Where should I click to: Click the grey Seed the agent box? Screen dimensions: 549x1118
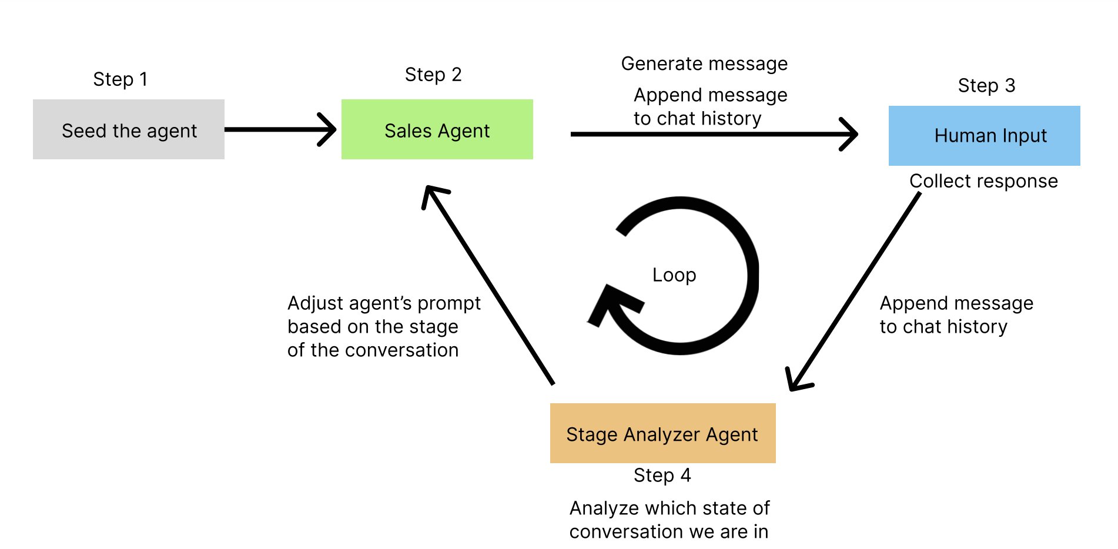128,129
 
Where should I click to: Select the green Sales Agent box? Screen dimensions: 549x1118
437,129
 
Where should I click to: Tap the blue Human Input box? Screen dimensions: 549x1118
984,136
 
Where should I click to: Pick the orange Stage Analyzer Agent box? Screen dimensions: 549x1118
662,433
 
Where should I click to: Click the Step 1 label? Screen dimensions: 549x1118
120,79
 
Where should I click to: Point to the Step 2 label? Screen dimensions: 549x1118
433,75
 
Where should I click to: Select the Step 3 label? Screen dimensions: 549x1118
986,86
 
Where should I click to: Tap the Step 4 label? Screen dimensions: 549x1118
662,475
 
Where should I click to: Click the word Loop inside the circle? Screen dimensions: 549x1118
674,275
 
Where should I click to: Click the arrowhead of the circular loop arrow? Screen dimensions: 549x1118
611,303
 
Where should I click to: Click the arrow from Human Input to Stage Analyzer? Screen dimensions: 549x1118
855,291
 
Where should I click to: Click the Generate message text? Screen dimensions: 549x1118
704,63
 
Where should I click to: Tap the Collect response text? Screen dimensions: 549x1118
983,181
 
